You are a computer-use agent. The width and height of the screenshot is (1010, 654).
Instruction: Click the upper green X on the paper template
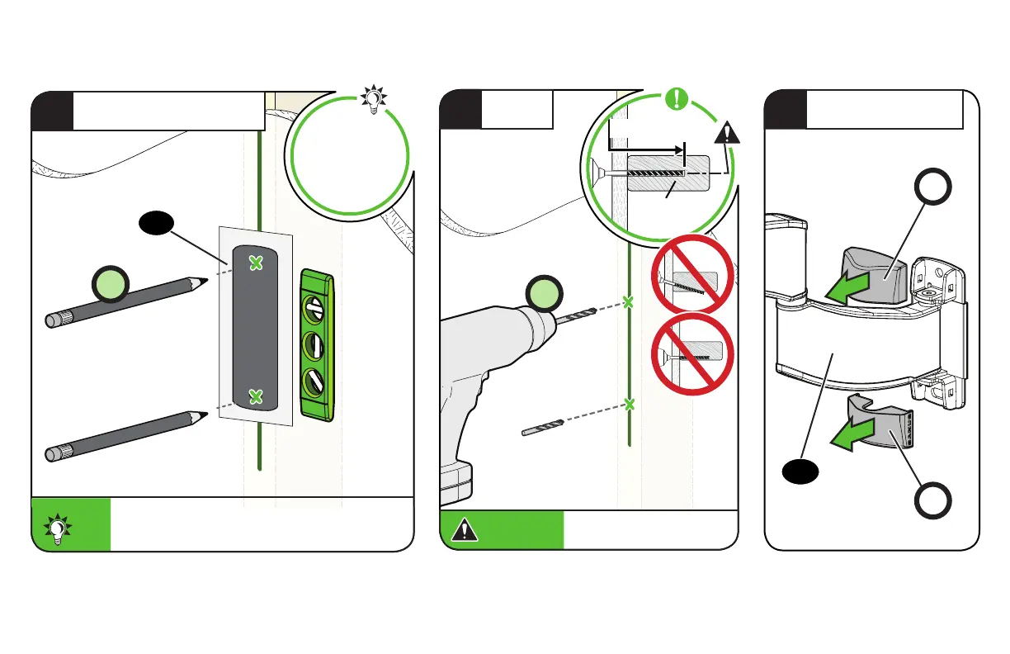(x=257, y=263)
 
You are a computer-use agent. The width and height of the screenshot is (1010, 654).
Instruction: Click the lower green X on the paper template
(x=257, y=397)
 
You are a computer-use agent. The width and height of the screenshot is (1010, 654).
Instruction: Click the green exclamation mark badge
(x=677, y=100)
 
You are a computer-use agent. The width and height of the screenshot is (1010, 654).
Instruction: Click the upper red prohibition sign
(x=693, y=275)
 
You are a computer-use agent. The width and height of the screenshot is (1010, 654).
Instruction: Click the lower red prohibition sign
(x=693, y=355)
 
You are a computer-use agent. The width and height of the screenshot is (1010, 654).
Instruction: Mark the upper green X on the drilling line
(x=628, y=302)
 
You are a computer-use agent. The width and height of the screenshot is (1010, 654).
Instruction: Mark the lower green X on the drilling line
(x=630, y=405)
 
